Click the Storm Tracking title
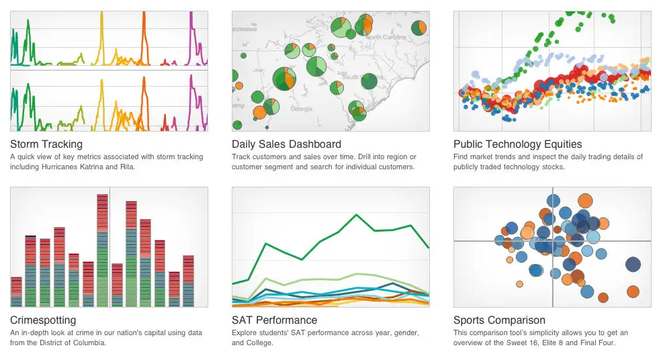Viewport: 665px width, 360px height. click(x=46, y=144)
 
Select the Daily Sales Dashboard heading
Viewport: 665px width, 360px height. click(x=286, y=144)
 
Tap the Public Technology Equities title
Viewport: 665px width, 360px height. click(x=517, y=144)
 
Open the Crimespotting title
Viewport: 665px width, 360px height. click(x=43, y=320)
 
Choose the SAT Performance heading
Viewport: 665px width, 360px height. click(x=275, y=320)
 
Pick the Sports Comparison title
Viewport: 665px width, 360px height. click(x=499, y=320)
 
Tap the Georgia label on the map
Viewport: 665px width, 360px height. click(x=302, y=109)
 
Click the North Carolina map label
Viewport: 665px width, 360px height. click(x=386, y=38)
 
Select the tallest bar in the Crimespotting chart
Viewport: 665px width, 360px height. click(x=103, y=250)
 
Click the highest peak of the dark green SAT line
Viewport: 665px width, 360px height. click(x=356, y=214)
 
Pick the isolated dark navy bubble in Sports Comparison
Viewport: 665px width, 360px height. click(x=633, y=264)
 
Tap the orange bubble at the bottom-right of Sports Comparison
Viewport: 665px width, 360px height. click(x=633, y=291)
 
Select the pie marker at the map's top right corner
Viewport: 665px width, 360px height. click(x=419, y=28)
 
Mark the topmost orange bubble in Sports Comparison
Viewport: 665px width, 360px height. click(x=585, y=200)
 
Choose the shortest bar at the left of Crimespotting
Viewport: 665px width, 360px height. click(x=16, y=291)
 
